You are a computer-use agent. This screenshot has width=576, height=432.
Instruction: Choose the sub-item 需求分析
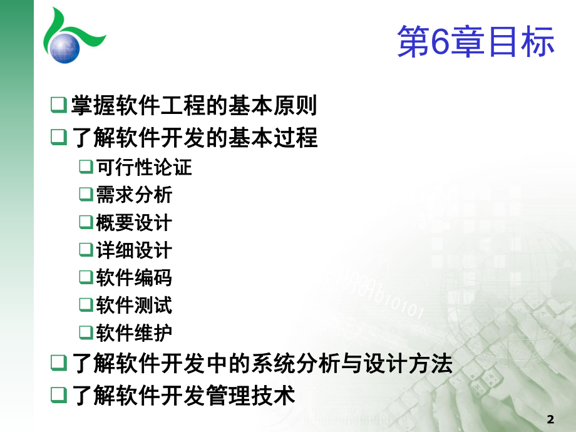tap(134, 195)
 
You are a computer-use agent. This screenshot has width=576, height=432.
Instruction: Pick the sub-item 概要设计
tap(134, 222)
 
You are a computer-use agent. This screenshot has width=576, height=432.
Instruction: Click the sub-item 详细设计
tap(134, 250)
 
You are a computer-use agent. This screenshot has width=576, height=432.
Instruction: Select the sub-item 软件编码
tap(134, 277)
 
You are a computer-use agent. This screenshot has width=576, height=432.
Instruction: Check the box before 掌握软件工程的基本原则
tap(58, 105)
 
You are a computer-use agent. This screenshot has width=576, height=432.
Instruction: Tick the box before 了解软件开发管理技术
tap(58, 395)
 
